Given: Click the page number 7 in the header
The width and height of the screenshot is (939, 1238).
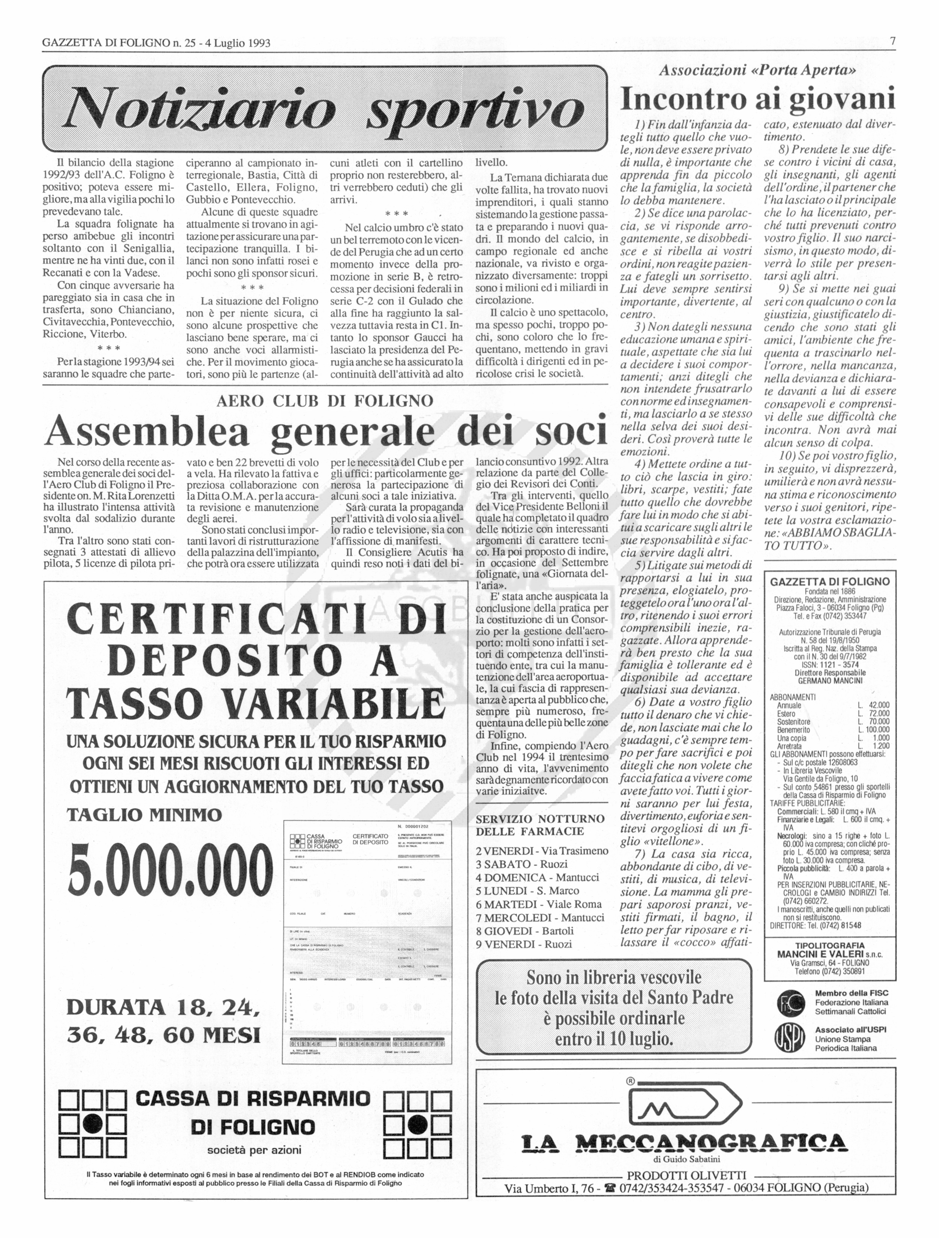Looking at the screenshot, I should point(893,41).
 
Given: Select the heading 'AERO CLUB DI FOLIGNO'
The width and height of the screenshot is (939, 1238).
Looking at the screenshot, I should point(325,401).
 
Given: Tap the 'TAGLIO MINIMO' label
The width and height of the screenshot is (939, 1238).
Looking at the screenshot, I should point(144,814).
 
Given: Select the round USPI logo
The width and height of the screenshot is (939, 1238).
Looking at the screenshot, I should point(791,1039).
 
